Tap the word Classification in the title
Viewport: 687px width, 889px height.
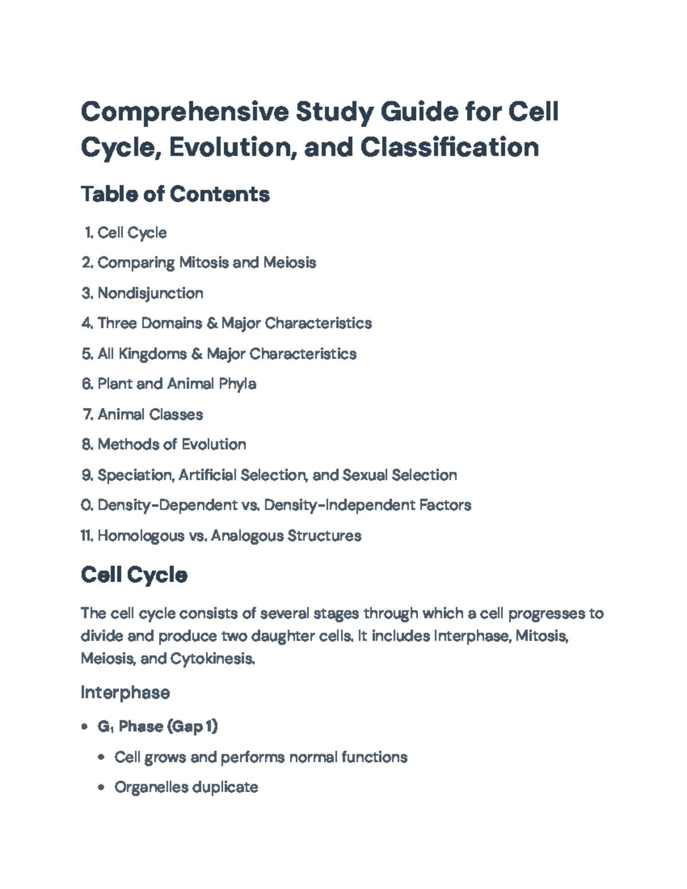449,147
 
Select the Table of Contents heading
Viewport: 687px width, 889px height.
175,194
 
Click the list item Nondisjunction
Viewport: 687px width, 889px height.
150,293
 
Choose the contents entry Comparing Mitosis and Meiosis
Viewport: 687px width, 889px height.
207,263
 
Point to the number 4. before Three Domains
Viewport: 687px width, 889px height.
87,323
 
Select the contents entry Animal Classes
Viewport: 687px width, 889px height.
150,414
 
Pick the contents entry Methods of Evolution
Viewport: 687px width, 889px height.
172,444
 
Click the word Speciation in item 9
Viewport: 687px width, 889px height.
135,475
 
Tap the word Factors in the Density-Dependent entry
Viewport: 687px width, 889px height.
445,505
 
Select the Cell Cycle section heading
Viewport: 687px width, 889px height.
134,575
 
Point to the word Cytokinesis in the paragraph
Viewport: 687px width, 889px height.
212,659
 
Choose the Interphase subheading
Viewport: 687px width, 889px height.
125,693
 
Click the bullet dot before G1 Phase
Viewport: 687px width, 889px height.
85,727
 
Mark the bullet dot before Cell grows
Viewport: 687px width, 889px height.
101,757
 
